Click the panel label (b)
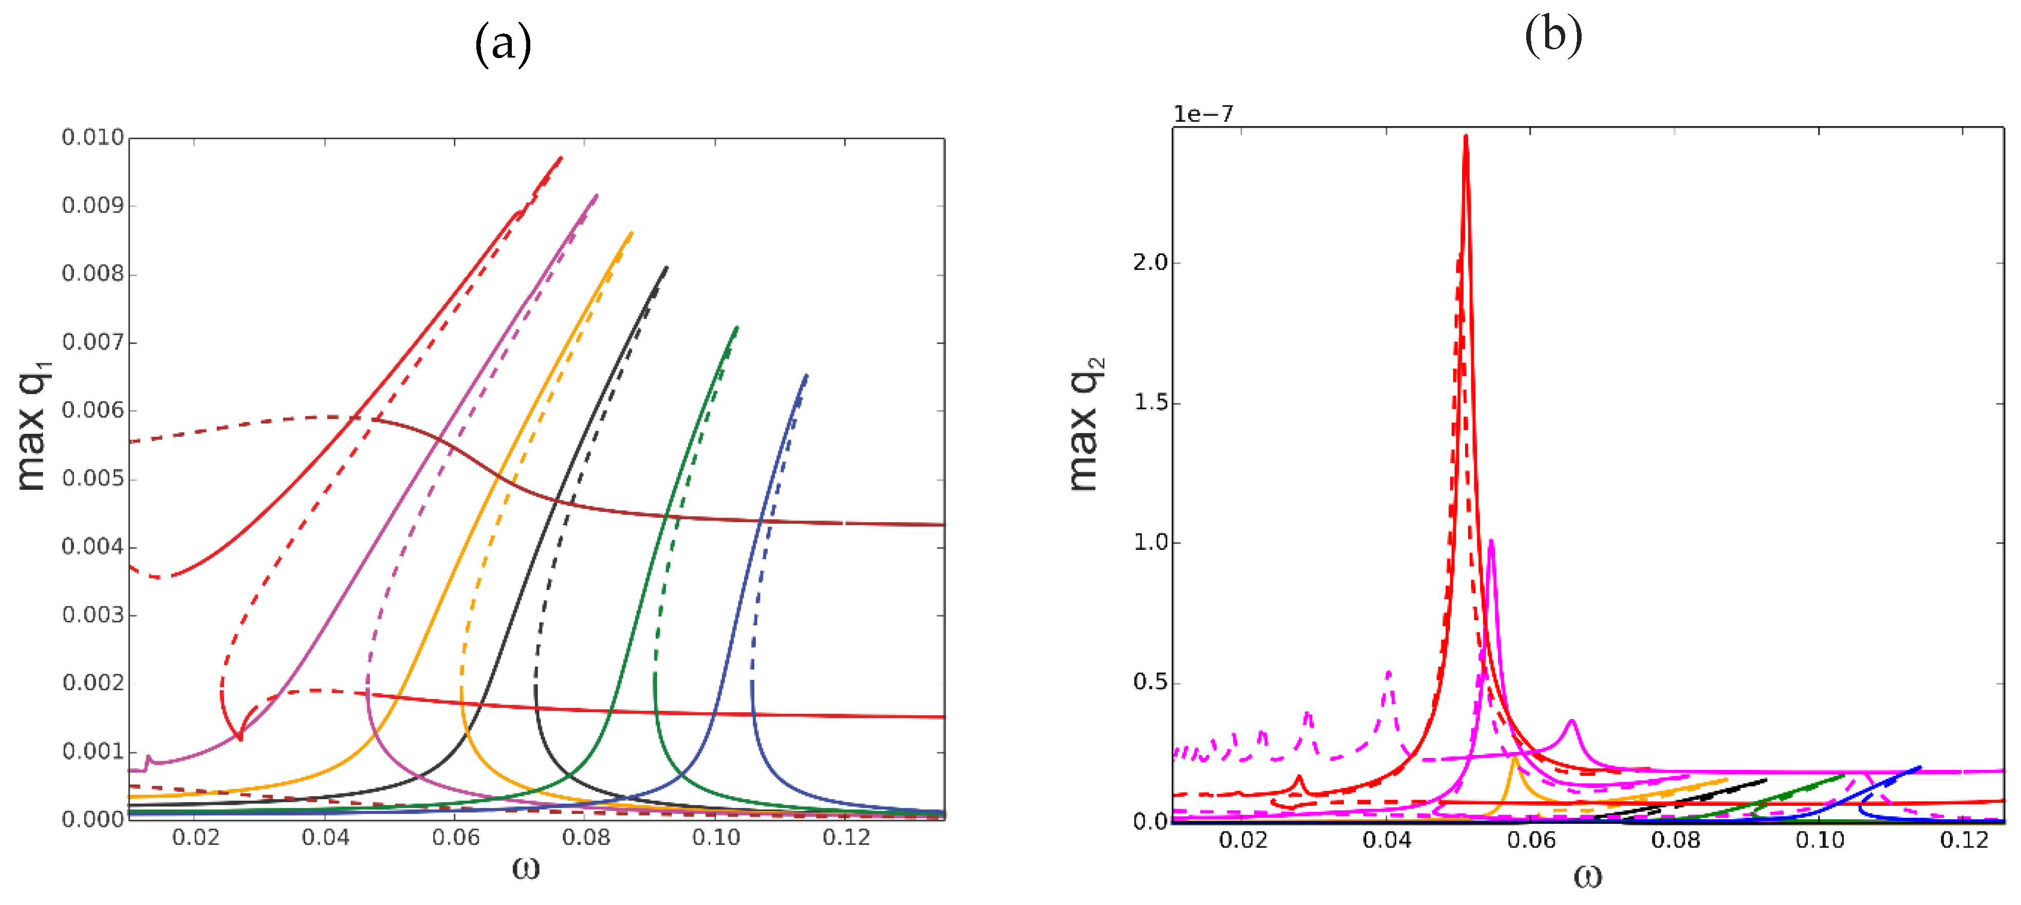(x=1553, y=35)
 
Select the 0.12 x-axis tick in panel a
(x=846, y=838)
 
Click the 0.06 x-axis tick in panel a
(x=455, y=838)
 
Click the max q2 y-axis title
(x=1086, y=424)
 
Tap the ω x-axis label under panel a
(x=526, y=867)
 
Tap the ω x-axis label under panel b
(x=1587, y=875)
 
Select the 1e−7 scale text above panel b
(x=1203, y=115)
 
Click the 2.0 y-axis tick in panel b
(x=1150, y=262)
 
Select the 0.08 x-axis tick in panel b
(x=1675, y=840)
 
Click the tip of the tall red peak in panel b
(x=1466, y=137)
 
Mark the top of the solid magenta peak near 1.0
(x=1491, y=540)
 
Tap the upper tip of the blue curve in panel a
(x=807, y=376)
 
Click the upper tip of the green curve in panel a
(x=737, y=328)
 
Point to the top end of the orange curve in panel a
(x=632, y=233)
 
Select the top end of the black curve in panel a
(x=667, y=268)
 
